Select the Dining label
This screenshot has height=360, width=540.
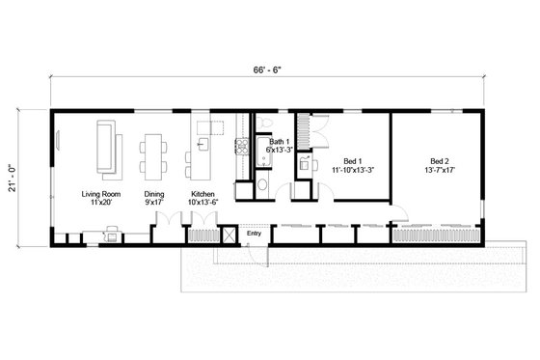coord(154,194)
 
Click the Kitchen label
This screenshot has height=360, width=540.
coord(202,194)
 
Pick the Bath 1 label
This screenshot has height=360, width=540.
coord(280,142)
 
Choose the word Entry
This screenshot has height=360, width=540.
coord(255,233)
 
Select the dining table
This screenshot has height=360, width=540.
coord(153,154)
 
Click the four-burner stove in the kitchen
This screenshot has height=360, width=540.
coord(241,149)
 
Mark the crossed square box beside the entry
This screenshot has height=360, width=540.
coord(229,234)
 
